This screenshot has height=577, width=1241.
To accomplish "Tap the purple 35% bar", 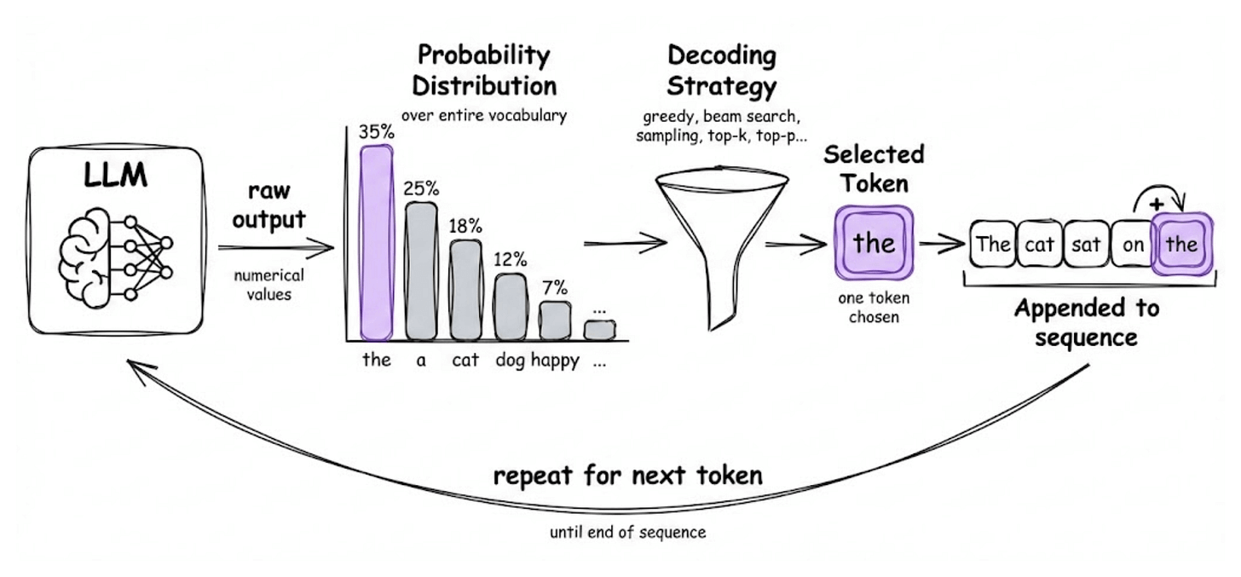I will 376,243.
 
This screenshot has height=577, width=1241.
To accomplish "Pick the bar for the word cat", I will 465,290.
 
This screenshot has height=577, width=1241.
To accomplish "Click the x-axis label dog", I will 510,361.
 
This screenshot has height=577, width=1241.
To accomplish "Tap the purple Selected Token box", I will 874,243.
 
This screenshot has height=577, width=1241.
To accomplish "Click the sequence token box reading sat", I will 1086,245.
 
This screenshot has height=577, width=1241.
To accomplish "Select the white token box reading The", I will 993,245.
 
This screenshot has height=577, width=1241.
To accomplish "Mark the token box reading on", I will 1133,245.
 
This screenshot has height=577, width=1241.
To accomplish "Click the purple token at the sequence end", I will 1181,245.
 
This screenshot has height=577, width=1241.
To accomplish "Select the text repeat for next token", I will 628,474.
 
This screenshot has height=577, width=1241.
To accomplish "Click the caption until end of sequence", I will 628,533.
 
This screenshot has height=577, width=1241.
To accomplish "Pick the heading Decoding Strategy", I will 721,71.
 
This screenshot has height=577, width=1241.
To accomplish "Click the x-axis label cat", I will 465,361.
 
